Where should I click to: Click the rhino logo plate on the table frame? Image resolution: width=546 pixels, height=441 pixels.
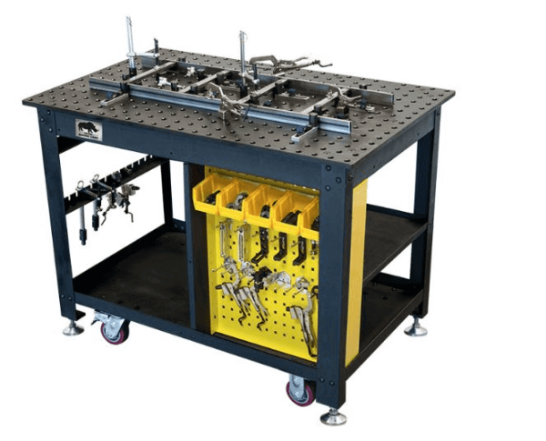[88, 130]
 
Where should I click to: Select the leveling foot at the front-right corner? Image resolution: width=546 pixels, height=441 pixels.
[333, 416]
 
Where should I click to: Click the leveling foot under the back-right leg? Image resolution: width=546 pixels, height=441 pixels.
[416, 326]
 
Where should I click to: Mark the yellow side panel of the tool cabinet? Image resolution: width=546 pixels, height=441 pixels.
[357, 264]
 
